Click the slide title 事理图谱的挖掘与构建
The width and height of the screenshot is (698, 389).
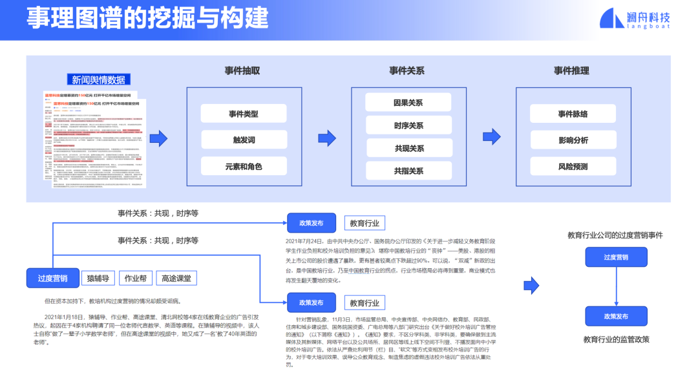[x=147, y=19]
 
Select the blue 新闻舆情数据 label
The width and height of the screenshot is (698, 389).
[x=99, y=79]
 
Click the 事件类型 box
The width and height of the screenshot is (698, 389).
[x=243, y=114]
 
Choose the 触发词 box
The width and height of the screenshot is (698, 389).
[x=243, y=140]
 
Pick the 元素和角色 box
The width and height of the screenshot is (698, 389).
[x=243, y=167]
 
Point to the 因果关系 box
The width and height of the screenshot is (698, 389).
[x=408, y=103]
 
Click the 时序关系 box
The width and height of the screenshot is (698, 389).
[x=408, y=125]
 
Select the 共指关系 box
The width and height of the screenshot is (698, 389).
[x=408, y=171]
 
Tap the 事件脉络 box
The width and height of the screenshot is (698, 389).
[x=573, y=114]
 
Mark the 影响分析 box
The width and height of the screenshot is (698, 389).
[x=573, y=140]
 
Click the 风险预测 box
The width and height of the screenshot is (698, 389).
[x=573, y=167]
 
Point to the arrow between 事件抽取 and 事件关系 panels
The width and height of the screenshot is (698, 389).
[x=327, y=138]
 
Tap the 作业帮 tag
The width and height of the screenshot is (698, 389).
[x=135, y=279]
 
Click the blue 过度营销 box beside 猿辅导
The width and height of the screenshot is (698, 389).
[x=53, y=279]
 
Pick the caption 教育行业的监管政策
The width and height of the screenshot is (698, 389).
[x=616, y=339]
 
